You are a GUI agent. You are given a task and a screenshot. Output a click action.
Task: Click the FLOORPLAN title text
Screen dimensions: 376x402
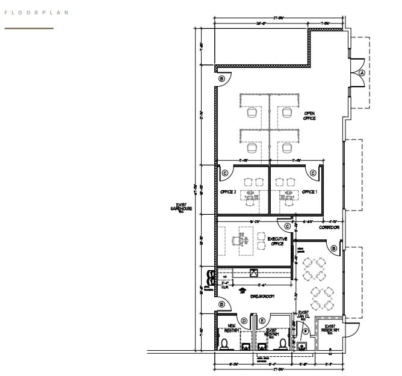(37, 13)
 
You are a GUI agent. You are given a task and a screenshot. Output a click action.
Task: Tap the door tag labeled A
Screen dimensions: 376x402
(362, 72)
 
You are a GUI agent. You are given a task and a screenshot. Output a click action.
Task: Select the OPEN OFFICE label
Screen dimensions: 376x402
(309, 116)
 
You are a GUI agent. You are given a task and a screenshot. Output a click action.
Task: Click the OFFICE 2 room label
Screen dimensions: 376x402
(227, 192)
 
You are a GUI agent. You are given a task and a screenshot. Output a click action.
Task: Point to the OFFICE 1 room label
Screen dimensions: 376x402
(309, 192)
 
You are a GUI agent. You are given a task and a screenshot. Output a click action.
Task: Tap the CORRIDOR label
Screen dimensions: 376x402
(329, 228)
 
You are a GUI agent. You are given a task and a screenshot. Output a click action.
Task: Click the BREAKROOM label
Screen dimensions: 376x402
(262, 297)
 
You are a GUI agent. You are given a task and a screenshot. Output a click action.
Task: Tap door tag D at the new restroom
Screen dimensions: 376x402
(244, 321)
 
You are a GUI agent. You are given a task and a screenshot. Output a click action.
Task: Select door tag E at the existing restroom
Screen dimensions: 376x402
(262, 321)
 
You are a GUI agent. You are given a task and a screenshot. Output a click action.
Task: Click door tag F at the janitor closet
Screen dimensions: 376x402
(306, 331)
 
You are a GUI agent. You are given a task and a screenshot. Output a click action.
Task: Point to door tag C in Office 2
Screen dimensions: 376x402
(225, 173)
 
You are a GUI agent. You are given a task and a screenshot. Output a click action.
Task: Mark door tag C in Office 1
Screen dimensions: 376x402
(313, 173)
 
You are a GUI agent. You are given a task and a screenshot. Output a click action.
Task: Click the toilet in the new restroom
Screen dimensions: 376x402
(224, 344)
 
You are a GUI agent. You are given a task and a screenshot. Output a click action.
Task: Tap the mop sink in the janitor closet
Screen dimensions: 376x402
(301, 346)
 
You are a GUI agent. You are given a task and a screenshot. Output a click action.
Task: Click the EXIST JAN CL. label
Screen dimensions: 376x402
(303, 316)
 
